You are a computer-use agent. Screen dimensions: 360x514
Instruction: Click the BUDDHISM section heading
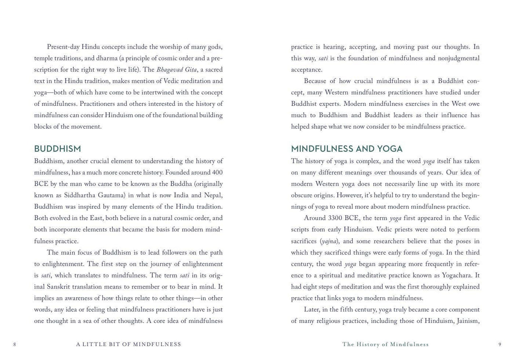(58, 149)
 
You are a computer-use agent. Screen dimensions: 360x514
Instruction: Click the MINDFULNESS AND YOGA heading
(346, 149)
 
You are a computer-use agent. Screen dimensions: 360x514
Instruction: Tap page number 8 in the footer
(15, 344)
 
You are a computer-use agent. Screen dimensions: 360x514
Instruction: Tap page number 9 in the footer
(499, 344)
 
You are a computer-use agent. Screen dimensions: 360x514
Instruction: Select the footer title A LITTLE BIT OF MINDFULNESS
(128, 344)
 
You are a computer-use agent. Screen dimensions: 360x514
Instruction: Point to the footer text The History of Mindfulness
(385, 344)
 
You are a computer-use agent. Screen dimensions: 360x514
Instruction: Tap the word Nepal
(212, 195)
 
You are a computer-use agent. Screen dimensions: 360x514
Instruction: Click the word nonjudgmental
(458, 58)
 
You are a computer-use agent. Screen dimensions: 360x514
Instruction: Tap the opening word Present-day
(63, 47)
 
